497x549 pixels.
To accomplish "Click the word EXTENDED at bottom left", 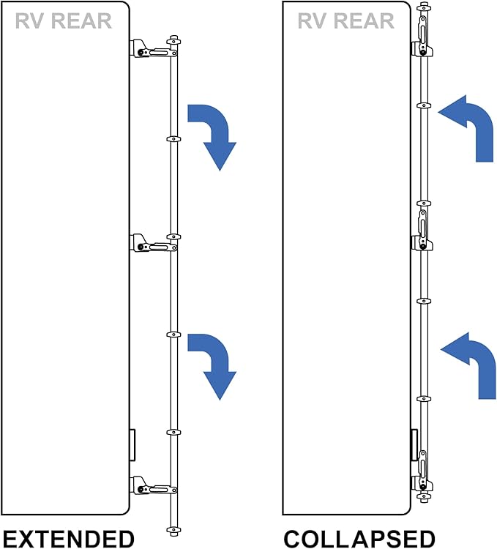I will [67, 538].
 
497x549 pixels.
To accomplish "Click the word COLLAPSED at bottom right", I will [359, 538].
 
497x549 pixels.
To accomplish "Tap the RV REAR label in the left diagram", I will [63, 20].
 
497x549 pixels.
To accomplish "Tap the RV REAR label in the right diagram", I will [345, 20].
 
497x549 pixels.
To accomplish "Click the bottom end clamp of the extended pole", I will [173, 529].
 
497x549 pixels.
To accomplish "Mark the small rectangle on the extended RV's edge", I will [132, 444].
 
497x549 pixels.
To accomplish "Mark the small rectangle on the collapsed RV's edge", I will [414, 444].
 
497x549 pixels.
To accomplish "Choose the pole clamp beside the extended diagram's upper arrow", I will [173, 138].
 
